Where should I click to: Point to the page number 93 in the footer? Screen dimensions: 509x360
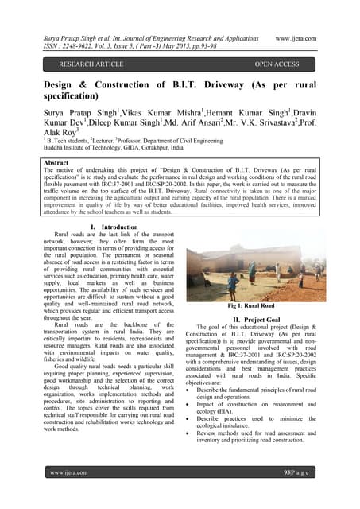coord(288,495)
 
